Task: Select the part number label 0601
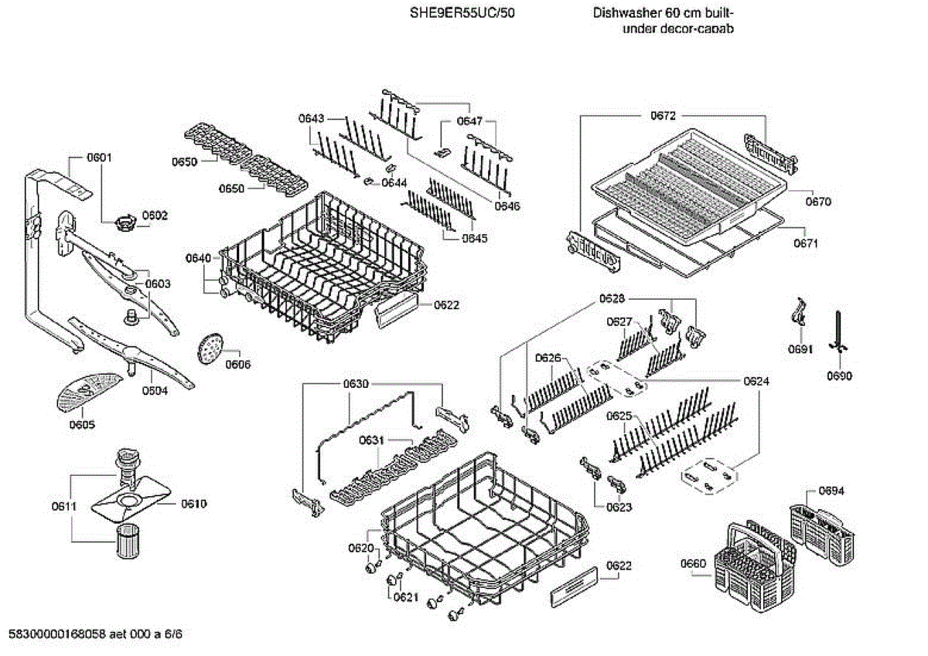tap(99, 158)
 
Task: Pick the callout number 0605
tap(82, 424)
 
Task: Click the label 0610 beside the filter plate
tap(194, 504)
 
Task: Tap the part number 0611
tap(63, 507)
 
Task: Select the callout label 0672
tap(663, 116)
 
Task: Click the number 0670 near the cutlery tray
tap(817, 202)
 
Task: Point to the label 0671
tap(805, 243)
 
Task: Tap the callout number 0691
tap(800, 348)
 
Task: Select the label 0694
tap(831, 491)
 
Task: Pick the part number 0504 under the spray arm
tap(155, 391)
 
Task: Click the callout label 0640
tap(198, 258)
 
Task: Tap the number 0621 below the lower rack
tap(405, 597)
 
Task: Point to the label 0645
tap(475, 238)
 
